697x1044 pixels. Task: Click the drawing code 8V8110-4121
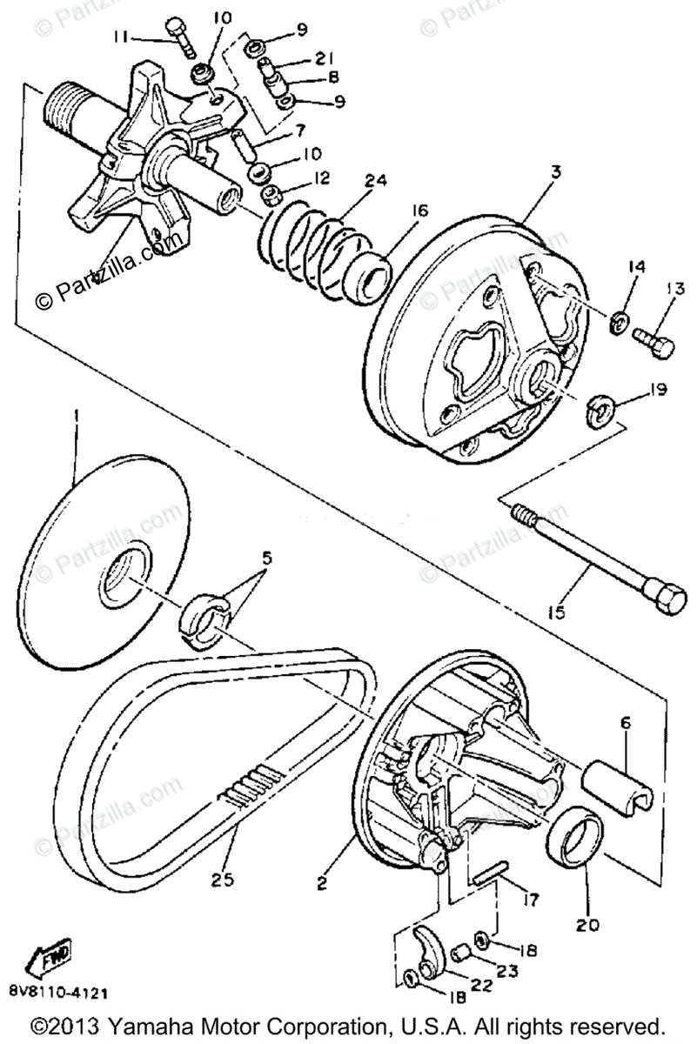[x=60, y=991]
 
